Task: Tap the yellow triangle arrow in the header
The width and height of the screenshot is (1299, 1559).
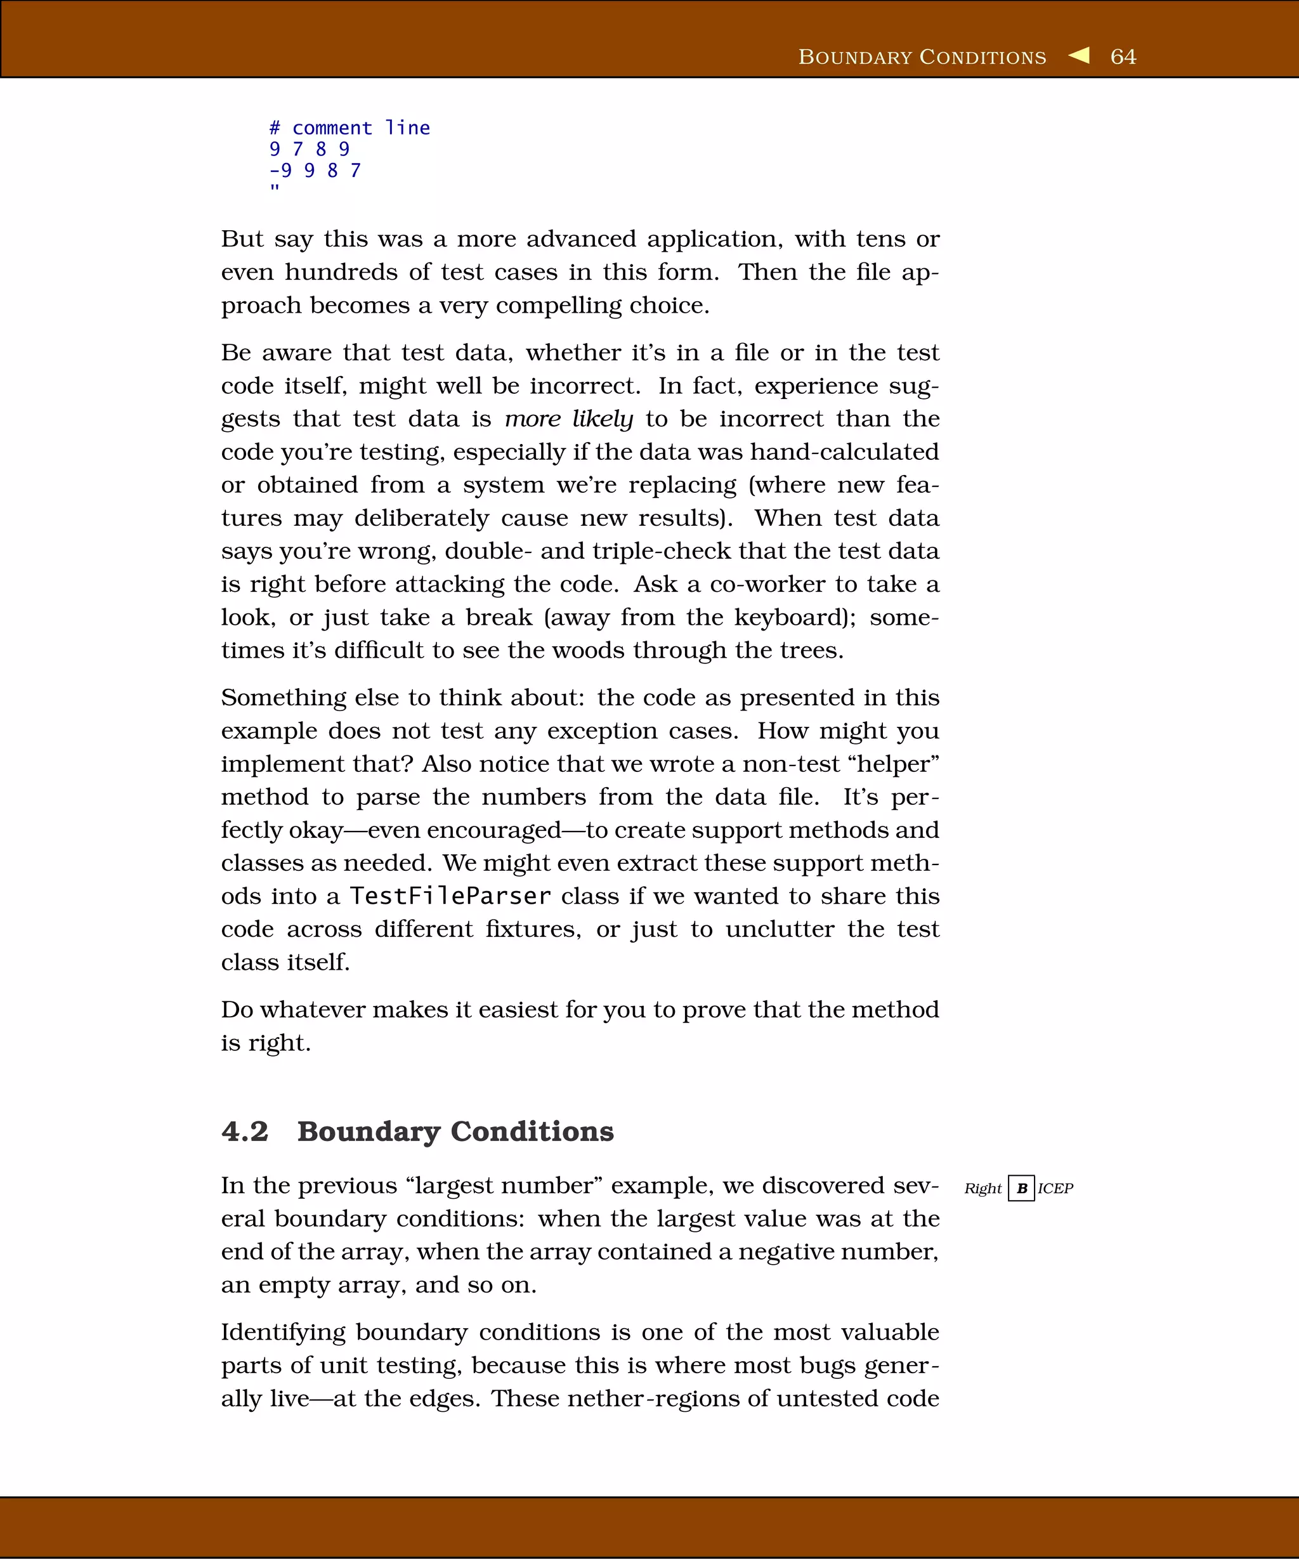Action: coord(1080,56)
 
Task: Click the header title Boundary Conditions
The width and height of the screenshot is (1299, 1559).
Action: coord(922,57)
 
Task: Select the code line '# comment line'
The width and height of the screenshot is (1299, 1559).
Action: coord(349,127)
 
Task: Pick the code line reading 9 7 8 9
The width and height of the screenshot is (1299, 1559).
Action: coord(309,149)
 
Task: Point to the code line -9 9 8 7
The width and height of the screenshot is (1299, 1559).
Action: coord(315,171)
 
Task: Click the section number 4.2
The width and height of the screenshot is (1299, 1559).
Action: coord(245,1132)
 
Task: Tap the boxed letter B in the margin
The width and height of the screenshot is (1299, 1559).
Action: coord(1021,1189)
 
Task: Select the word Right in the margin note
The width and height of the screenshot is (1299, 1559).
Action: coord(982,1189)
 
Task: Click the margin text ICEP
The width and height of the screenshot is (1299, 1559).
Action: coord(1055,1189)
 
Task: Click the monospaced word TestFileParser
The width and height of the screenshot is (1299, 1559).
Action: coord(450,896)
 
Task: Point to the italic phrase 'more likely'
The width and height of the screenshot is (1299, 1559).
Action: coord(568,419)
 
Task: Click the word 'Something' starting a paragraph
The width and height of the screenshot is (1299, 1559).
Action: coord(284,698)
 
